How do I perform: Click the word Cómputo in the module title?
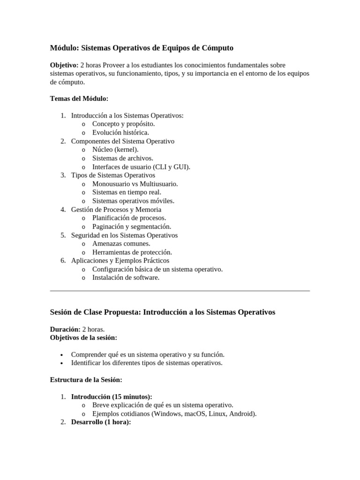(x=217, y=48)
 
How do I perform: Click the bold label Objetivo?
(x=64, y=65)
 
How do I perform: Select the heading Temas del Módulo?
(x=79, y=98)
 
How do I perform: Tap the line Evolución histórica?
(x=120, y=132)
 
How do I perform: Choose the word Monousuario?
(x=113, y=184)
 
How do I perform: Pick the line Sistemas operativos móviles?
(x=133, y=201)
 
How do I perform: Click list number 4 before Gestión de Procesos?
(x=63, y=210)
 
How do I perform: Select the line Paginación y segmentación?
(x=132, y=226)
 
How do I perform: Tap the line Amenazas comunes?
(x=121, y=243)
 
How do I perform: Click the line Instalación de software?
(x=126, y=277)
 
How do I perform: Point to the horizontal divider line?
(x=180, y=291)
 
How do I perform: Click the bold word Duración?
(x=65, y=329)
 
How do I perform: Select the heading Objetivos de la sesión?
(x=83, y=337)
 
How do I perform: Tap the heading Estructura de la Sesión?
(x=86, y=380)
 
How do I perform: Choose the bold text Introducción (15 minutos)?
(x=112, y=397)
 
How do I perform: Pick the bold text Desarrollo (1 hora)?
(x=101, y=422)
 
